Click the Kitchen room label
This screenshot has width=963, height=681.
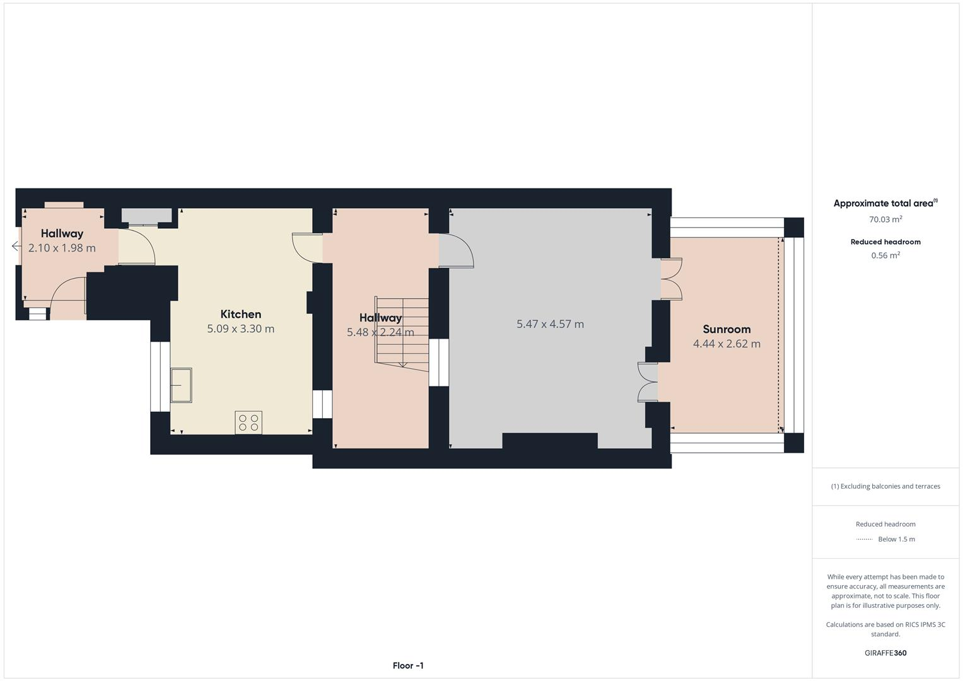pos(240,314)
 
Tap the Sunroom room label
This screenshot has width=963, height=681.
pos(727,329)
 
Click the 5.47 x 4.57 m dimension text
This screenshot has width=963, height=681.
pos(550,324)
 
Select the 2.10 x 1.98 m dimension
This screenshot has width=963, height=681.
pos(62,248)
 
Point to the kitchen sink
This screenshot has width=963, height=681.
pos(181,385)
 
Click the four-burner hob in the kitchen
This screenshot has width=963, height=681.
pos(248,422)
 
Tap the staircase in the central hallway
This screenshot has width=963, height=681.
pos(402,332)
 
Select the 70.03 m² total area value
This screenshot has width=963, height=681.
pos(885,219)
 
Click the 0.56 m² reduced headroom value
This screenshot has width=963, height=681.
pos(885,255)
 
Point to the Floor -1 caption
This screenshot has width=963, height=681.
pos(408,665)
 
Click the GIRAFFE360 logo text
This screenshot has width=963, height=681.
pos(885,653)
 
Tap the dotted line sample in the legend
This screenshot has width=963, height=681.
pos(864,539)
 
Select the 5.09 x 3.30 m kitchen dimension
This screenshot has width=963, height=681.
pos(240,329)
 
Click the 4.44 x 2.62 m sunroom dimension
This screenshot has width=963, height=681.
pos(727,344)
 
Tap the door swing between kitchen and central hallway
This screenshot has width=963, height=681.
pos(306,247)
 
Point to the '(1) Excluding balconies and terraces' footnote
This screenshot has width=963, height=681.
pos(885,486)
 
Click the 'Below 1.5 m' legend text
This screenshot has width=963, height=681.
pos(896,539)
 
